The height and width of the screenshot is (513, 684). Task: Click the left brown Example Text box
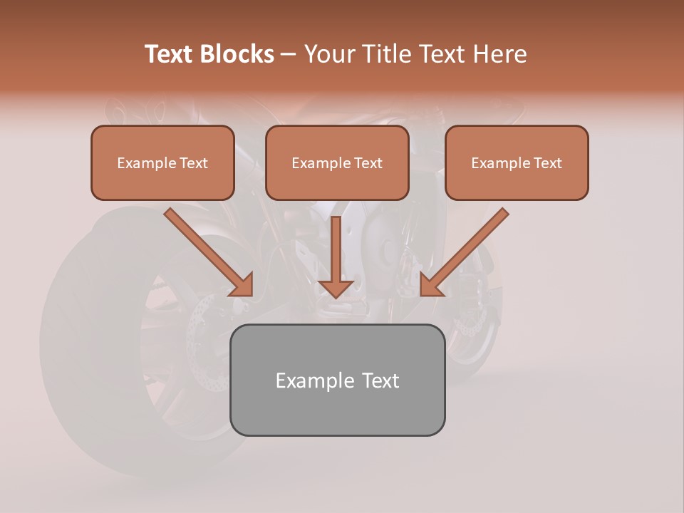162,162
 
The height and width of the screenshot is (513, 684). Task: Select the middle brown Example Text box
337,162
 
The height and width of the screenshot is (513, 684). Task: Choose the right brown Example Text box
517,162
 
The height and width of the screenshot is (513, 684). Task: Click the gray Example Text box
337,380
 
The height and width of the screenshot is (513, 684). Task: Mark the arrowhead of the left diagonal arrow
242,285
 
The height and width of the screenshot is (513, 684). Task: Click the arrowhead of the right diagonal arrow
432,285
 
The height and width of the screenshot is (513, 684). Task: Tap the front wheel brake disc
467,324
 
